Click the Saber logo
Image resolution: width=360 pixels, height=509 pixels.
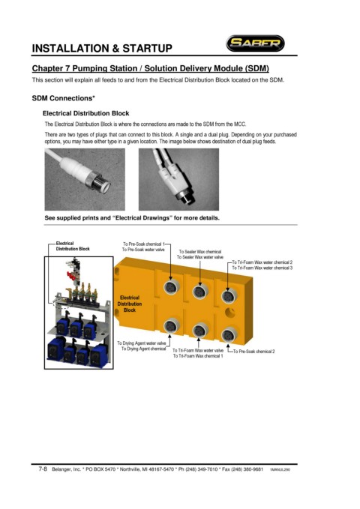click(255, 43)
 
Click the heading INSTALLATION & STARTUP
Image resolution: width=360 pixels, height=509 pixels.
click(102, 49)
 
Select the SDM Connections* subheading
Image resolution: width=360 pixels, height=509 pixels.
click(63, 98)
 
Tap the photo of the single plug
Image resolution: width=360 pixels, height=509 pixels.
click(85, 179)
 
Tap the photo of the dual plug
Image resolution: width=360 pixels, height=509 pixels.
click(178, 179)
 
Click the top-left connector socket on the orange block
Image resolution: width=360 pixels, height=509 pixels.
click(171, 287)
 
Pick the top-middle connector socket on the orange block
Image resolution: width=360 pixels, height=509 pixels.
click(199, 292)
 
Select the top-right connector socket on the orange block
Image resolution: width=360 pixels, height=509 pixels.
click(229, 296)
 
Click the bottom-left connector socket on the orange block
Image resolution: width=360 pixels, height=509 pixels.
click(171, 325)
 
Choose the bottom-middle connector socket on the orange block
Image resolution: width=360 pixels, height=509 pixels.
click(199, 331)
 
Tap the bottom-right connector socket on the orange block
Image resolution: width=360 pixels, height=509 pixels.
click(229, 335)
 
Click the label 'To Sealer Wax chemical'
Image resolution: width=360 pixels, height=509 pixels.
click(200, 252)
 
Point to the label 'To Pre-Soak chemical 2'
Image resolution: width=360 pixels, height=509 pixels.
click(253, 352)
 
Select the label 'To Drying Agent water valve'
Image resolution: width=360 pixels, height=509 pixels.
click(142, 343)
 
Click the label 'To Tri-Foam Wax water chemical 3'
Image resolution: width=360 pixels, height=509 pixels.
click(262, 268)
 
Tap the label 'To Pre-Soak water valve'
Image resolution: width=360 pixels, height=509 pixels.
click(143, 250)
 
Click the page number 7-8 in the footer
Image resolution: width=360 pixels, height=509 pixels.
click(43, 469)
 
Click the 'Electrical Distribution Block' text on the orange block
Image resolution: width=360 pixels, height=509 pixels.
click(130, 304)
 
